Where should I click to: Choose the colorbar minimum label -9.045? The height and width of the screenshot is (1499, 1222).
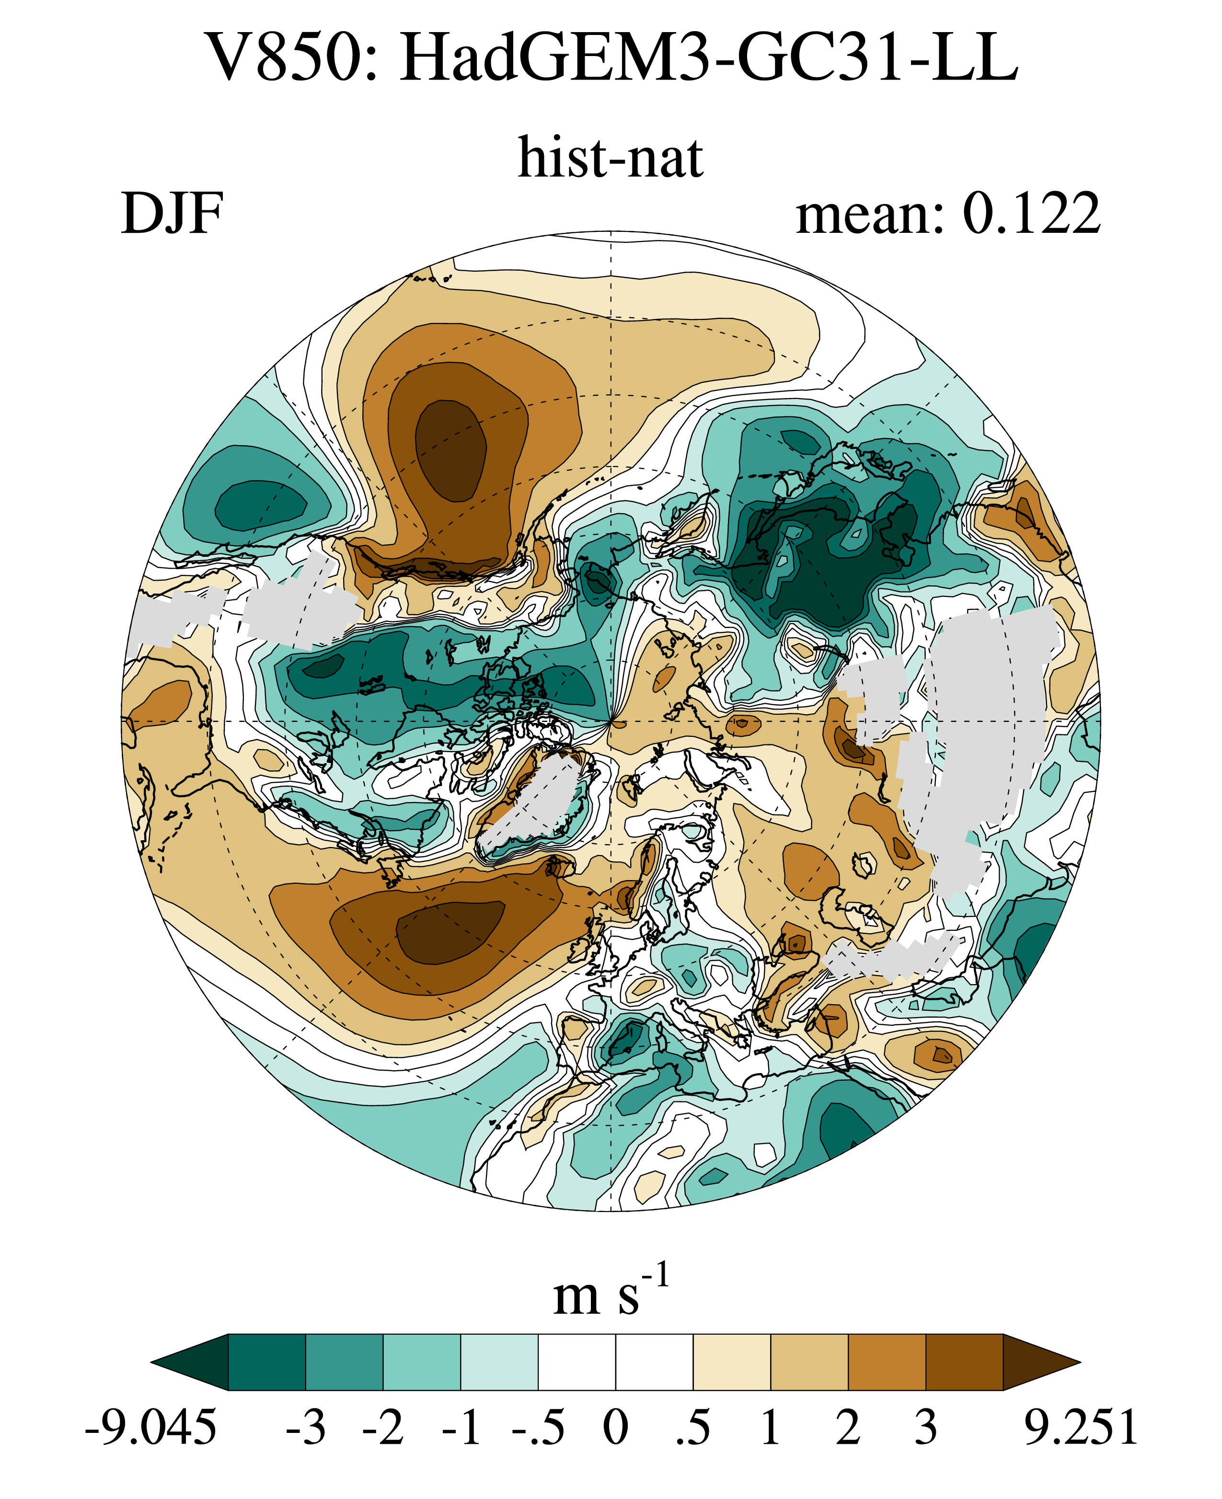coord(150,1429)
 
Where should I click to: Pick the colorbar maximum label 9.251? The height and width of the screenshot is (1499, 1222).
coord(1081,1429)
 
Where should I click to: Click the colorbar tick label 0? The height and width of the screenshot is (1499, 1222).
coord(616,1429)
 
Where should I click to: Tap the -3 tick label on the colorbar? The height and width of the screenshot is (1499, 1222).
coord(306,1429)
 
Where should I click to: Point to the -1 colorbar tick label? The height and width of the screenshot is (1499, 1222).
coord(461,1429)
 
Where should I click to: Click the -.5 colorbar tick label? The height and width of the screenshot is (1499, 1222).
coord(539,1429)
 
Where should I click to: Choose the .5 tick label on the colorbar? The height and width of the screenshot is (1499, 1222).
coord(693,1429)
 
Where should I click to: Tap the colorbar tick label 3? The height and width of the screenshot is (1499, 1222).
coord(926,1429)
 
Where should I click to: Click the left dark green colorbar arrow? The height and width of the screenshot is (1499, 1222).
coord(190,1362)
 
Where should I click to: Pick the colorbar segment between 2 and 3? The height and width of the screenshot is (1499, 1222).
coord(887,1362)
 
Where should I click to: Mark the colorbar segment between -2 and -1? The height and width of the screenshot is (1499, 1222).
coord(422,1362)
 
